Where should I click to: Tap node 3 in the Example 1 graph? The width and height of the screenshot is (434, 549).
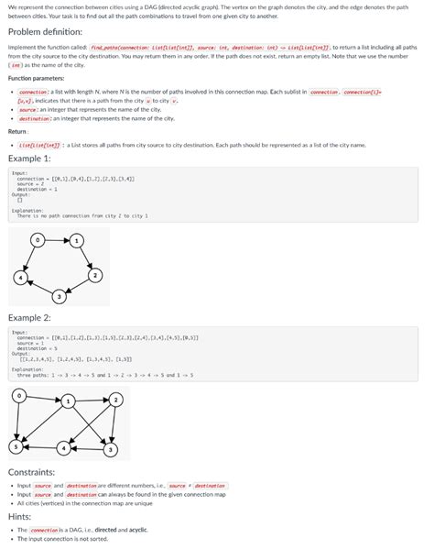pos(60,296)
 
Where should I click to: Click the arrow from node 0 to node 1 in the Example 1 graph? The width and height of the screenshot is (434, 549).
pos(57,239)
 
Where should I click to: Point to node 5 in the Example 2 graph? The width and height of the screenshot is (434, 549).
pos(14,446)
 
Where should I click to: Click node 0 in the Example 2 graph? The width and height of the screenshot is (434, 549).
pos(17,396)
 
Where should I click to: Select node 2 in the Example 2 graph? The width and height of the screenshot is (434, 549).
pos(115,399)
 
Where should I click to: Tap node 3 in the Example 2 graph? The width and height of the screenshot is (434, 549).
pos(110,449)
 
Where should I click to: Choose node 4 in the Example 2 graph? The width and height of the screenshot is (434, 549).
pos(64,448)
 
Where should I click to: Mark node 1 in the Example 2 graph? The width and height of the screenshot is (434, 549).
pos(68,401)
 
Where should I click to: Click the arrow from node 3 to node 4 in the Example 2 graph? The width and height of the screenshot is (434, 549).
pos(87,449)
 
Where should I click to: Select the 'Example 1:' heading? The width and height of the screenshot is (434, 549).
pos(29,158)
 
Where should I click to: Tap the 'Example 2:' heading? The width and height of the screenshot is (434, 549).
pos(29,317)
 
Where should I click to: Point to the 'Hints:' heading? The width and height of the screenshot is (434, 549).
pos(19,517)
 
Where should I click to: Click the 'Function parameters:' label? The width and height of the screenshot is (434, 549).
pos(36,78)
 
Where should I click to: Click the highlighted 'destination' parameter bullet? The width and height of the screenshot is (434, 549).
pos(35,118)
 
